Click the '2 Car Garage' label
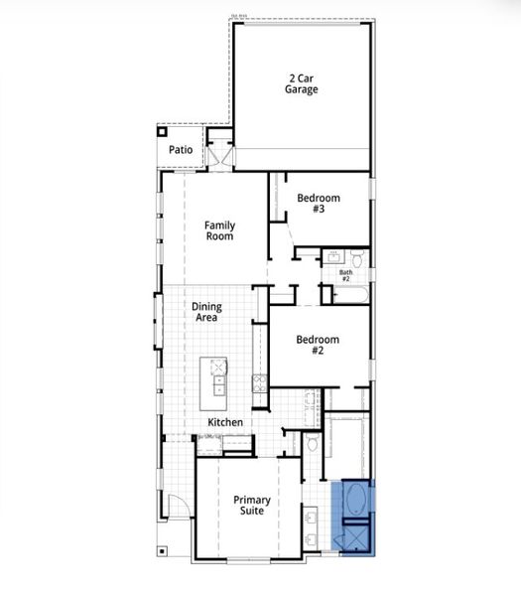pos(303,83)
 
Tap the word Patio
pos(181,150)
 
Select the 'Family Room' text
pos(219,230)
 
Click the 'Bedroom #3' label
pos(319,204)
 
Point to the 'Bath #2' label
pos(345,275)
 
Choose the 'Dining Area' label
pos(206,312)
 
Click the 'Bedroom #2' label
pos(318,345)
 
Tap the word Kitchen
pos(225,422)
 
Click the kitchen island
pos(214,382)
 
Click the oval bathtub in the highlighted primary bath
pos(355,500)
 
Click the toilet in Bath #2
pos(359,260)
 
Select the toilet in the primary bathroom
pos(313,443)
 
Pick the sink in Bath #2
pos(334,260)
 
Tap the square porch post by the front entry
pos(161,548)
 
